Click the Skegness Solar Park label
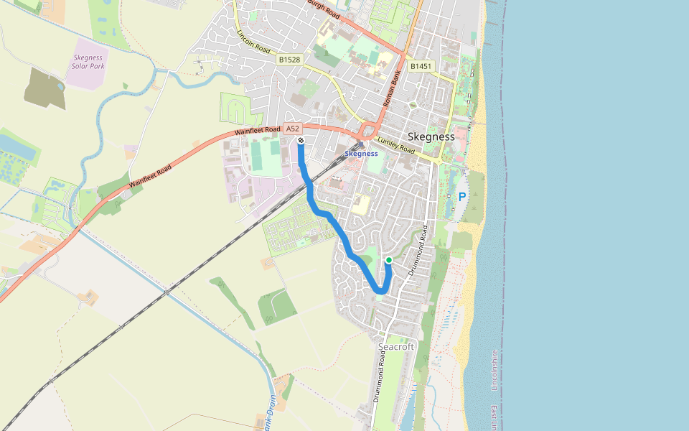[x=88, y=62]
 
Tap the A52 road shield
[x=291, y=129]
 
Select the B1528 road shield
[x=289, y=60]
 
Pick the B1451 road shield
[x=421, y=66]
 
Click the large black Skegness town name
[x=431, y=136]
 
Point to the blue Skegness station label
[x=361, y=154]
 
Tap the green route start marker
[x=388, y=260]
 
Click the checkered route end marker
[x=301, y=140]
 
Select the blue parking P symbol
[x=462, y=197]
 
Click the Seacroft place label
[x=396, y=347]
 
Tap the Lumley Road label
[x=395, y=146]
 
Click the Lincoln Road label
[x=253, y=42]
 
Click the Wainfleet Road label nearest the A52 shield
[x=257, y=132]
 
